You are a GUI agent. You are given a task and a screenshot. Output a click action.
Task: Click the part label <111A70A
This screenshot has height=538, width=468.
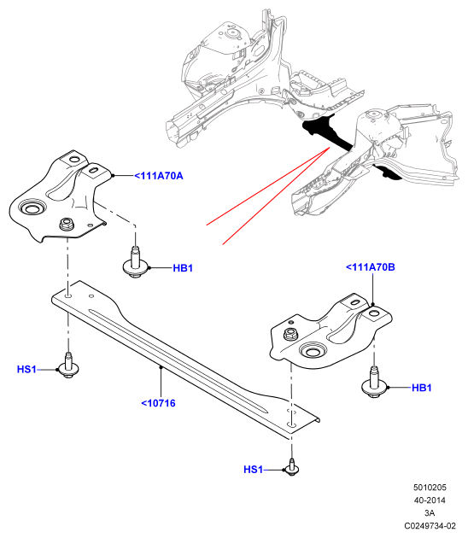[x=159, y=176]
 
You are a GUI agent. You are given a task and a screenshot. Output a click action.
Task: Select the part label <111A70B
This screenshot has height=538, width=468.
[x=370, y=267]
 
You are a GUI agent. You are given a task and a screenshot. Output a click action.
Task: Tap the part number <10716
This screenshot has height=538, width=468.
[x=158, y=403]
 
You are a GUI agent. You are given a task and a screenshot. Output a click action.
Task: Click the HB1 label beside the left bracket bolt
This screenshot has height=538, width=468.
[x=183, y=268]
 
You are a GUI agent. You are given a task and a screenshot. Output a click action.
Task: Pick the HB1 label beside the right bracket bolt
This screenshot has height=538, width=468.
[x=421, y=388]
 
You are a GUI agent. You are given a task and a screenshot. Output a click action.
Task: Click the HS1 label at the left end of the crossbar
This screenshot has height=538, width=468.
[x=26, y=370]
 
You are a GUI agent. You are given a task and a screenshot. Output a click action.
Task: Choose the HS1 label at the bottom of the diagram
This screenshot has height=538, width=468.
[x=253, y=470]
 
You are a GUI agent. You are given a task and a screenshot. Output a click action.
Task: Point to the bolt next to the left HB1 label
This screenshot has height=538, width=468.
[x=135, y=263]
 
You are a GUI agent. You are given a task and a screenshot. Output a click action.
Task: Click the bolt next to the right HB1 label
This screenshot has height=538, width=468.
[x=374, y=383]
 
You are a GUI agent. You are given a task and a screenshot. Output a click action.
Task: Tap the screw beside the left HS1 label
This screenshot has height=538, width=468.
[x=68, y=365]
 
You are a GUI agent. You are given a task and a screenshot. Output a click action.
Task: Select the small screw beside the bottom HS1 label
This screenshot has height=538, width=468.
[x=291, y=467]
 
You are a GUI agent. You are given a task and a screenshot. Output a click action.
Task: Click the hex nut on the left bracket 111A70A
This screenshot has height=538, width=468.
[x=66, y=225]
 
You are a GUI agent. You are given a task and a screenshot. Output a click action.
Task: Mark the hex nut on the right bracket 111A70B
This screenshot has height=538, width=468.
[x=290, y=334]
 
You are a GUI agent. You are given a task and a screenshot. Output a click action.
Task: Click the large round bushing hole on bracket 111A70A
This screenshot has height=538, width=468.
[x=31, y=208]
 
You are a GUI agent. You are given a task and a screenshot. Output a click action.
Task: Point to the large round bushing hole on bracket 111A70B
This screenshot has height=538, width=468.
[x=313, y=351]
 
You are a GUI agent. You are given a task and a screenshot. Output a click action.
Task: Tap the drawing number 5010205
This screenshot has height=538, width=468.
[x=430, y=488]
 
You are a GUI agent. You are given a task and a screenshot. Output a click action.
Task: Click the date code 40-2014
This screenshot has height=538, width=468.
[x=430, y=500]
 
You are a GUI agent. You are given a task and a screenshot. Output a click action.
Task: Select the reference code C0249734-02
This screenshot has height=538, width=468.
[x=430, y=526]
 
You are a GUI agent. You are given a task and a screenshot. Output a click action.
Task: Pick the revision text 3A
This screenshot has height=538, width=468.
[x=430, y=513]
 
